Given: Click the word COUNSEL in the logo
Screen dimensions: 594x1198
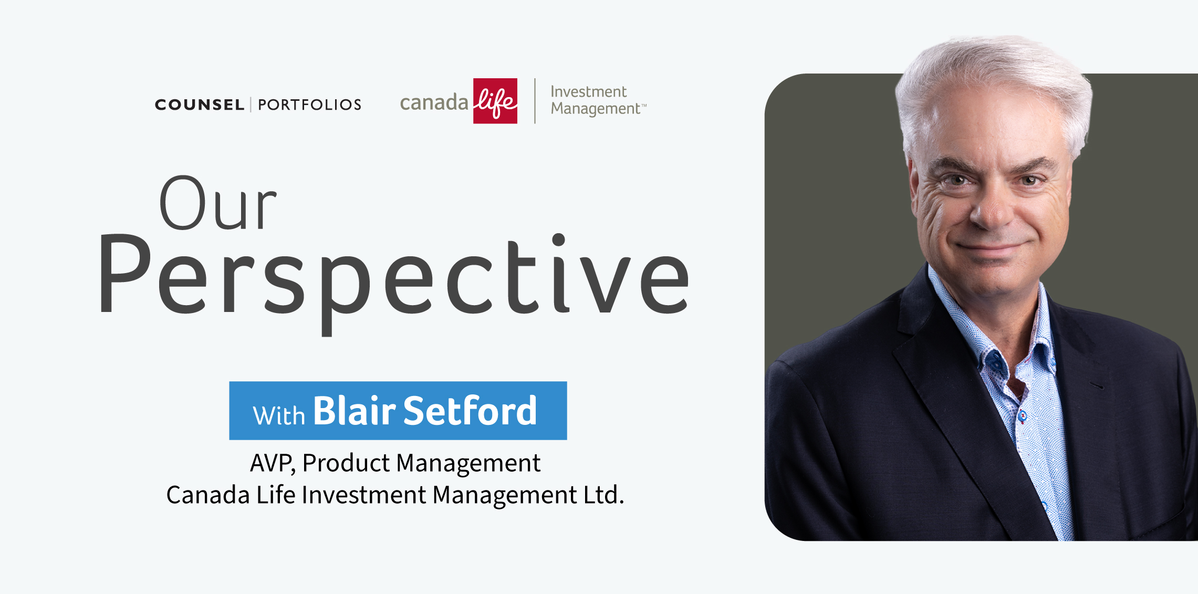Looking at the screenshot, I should (x=200, y=105).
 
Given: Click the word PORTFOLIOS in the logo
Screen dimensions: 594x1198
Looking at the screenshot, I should (x=309, y=105).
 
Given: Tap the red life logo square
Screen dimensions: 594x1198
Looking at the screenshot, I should (x=495, y=101).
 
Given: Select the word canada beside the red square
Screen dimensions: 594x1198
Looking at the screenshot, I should (x=434, y=102).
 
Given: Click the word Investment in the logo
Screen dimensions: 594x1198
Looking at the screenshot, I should (x=588, y=92).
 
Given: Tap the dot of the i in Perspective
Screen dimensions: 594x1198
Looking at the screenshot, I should (x=558, y=240).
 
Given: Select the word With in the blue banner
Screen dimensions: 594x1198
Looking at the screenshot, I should (x=279, y=415).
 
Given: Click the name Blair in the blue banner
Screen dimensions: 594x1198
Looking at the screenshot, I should (x=355, y=411).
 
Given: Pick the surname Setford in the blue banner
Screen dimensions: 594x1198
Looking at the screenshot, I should (x=470, y=411).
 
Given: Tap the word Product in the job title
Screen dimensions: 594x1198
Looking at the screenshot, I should (x=346, y=463).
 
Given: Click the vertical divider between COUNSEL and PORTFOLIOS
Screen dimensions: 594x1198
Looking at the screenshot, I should (x=251, y=105).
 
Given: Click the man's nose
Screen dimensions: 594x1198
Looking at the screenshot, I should (x=990, y=213).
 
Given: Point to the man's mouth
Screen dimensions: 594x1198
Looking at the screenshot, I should (x=990, y=247).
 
